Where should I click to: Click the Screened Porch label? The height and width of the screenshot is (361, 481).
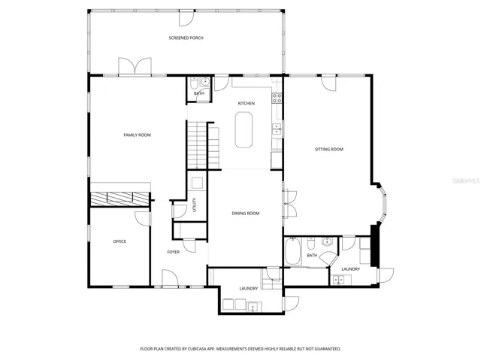click(186, 38)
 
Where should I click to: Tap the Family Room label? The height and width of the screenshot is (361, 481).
click(137, 135)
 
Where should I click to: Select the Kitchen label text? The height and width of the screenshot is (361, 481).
click(247, 104)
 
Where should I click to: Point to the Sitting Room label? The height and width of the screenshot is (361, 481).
click(329, 149)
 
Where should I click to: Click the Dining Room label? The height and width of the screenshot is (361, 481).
click(246, 213)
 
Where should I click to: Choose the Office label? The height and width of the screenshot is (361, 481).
click(119, 241)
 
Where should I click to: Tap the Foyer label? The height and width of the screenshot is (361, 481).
click(174, 252)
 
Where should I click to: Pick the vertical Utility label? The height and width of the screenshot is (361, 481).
click(194, 205)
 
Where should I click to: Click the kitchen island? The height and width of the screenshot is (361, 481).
click(244, 130)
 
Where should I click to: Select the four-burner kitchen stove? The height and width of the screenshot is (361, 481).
click(277, 98)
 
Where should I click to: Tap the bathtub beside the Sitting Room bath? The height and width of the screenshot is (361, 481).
click(293, 251)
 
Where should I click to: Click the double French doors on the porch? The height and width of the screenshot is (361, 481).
click(135, 65)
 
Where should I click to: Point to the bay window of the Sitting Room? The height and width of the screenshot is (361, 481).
click(383, 202)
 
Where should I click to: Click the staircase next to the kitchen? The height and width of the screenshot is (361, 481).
click(203, 145)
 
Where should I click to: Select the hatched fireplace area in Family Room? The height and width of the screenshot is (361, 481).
click(119, 199)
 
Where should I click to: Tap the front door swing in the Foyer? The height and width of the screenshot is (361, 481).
click(170, 278)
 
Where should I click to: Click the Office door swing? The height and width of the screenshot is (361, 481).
click(143, 219)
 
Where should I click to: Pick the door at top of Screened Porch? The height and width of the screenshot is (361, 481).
click(186, 18)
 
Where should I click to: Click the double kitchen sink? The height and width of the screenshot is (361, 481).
click(277, 129)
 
